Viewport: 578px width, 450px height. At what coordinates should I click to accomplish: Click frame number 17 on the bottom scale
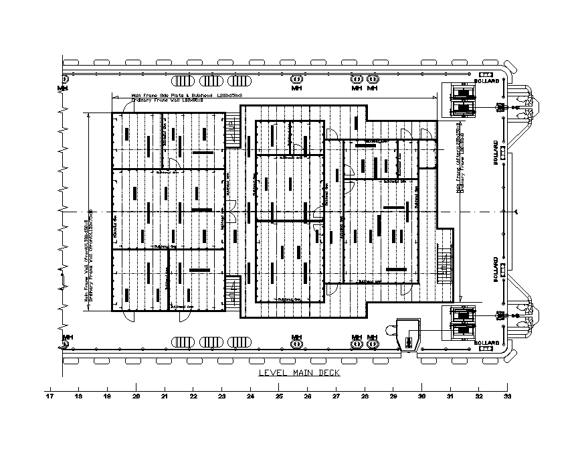tap(50, 396)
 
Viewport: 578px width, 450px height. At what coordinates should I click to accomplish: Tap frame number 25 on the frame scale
tap(279, 396)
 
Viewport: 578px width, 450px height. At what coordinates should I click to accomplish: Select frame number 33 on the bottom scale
tap(506, 396)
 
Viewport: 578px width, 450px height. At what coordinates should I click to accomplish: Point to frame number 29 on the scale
tap(393, 396)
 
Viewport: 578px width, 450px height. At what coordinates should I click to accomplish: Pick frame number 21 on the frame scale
tap(165, 396)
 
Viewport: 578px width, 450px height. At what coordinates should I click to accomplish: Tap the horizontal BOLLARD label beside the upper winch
tap(486, 81)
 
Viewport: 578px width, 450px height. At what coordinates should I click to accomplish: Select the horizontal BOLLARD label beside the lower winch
tap(486, 343)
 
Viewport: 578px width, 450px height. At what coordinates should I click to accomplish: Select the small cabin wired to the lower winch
tap(408, 333)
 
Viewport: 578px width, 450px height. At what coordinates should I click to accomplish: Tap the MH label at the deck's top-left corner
tap(63, 88)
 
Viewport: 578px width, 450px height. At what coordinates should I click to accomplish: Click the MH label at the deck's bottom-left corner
tap(67, 336)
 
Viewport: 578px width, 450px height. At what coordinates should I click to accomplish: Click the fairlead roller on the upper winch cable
tap(499, 107)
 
